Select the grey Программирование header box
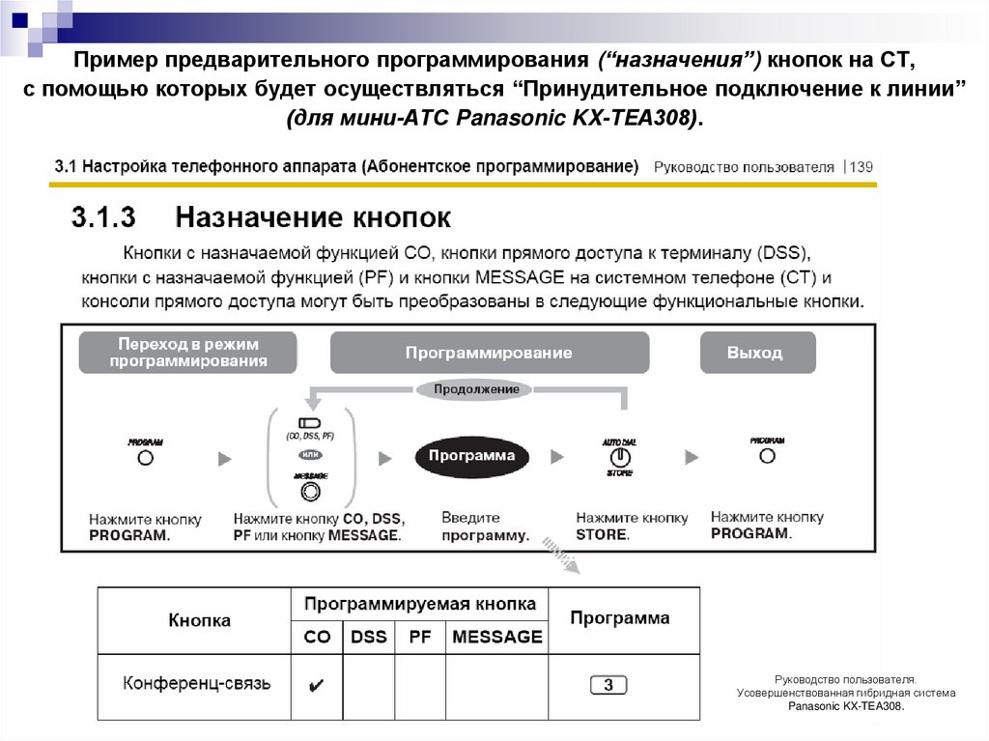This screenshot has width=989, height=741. click(488, 353)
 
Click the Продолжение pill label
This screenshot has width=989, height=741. click(475, 389)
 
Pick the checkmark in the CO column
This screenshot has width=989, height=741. click(316, 685)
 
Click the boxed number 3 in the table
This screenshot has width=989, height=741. click(608, 685)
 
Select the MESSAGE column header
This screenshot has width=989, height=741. click(496, 637)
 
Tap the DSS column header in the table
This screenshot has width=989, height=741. click(368, 637)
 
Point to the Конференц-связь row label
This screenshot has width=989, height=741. click(197, 684)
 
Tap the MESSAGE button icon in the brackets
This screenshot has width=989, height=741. click(310, 491)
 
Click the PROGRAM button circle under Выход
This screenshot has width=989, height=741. click(767, 456)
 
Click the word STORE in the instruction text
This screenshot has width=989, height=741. click(602, 534)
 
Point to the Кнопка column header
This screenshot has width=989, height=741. click(200, 619)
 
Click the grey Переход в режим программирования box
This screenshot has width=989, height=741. click(187, 353)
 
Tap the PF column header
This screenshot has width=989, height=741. click(419, 637)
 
